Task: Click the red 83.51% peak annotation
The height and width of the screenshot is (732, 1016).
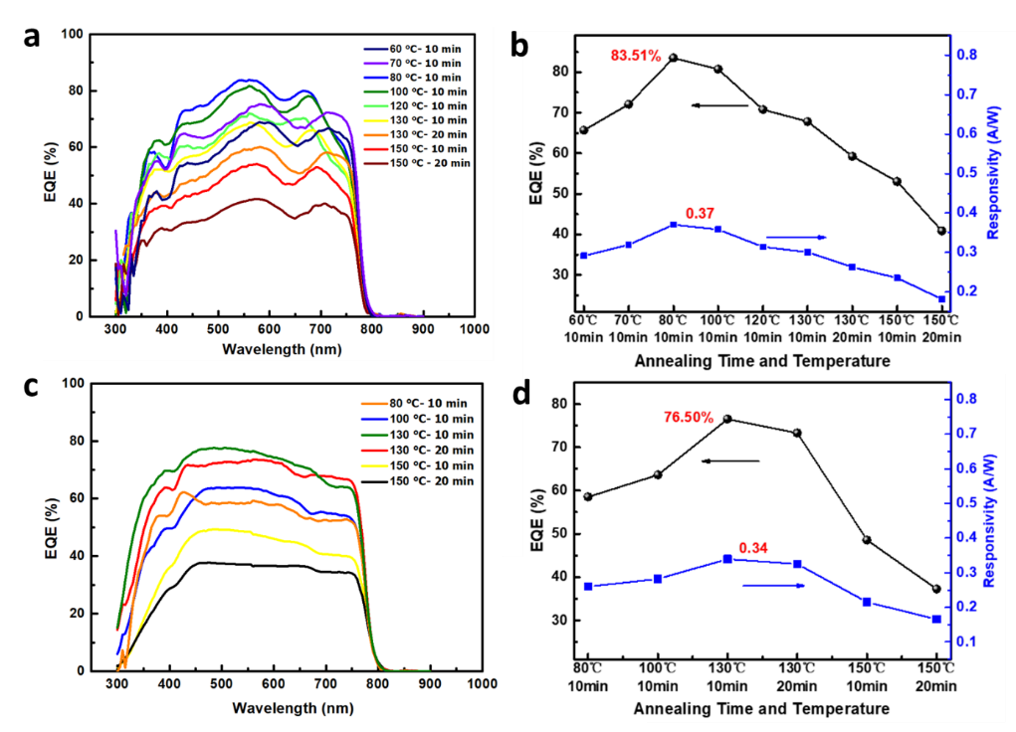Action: (636, 56)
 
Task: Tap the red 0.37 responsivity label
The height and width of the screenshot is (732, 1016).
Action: (701, 213)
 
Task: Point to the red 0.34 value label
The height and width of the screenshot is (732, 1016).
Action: (754, 547)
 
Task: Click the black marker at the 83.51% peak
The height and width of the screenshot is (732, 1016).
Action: (674, 58)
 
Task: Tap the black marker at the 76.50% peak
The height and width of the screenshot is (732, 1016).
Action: (727, 419)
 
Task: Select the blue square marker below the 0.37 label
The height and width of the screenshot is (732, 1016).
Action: (674, 225)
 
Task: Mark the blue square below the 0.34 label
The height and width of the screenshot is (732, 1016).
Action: (727, 559)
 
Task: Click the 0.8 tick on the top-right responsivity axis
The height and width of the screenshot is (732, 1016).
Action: (969, 54)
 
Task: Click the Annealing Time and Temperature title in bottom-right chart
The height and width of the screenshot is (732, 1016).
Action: (761, 709)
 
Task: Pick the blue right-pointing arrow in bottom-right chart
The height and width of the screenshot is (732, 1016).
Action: (774, 586)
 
